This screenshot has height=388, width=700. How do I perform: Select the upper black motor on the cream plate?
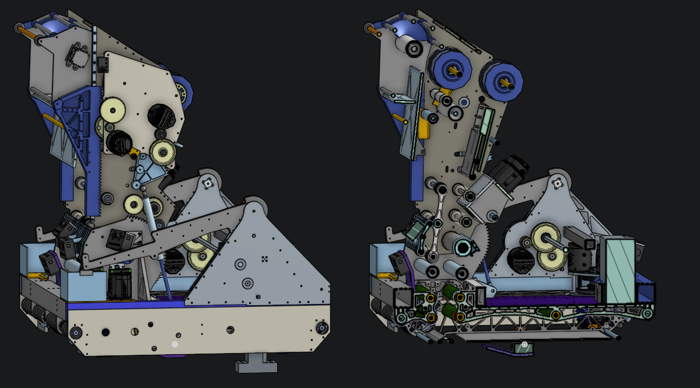pos(159,115)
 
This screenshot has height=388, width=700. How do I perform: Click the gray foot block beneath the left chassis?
pos(256,364)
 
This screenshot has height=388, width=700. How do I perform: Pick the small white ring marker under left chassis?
pos(174,344)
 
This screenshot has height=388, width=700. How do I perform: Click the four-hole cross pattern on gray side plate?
pos(264,258)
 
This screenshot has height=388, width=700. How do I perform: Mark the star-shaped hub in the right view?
pos(558,183)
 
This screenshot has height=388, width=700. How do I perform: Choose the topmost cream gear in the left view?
pos(112,110)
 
